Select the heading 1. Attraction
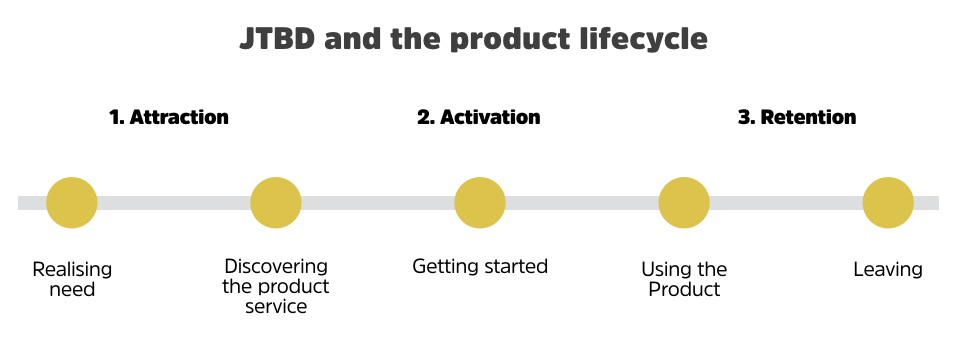pos(169,117)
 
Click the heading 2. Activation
pos(478,117)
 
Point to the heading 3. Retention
pos(797,117)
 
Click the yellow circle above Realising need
pos(72,203)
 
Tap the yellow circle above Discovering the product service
pos(276,203)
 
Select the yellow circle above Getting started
pos(480,203)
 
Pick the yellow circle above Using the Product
pos(684,203)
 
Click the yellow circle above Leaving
pos(888,203)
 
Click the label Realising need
pos(72,279)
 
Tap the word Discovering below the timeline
pos(276,267)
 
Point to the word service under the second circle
pos(276,306)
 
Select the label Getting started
pos(480,267)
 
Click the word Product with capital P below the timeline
pos(684,290)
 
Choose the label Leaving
pos(888,270)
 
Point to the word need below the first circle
pos(72,290)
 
